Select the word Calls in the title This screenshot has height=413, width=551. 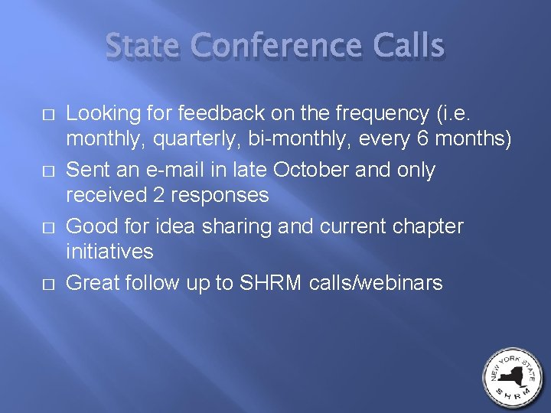(410, 47)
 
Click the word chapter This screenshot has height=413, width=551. (425, 226)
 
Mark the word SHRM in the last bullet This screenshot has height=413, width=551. (271, 283)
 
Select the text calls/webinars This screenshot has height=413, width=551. (377, 283)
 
